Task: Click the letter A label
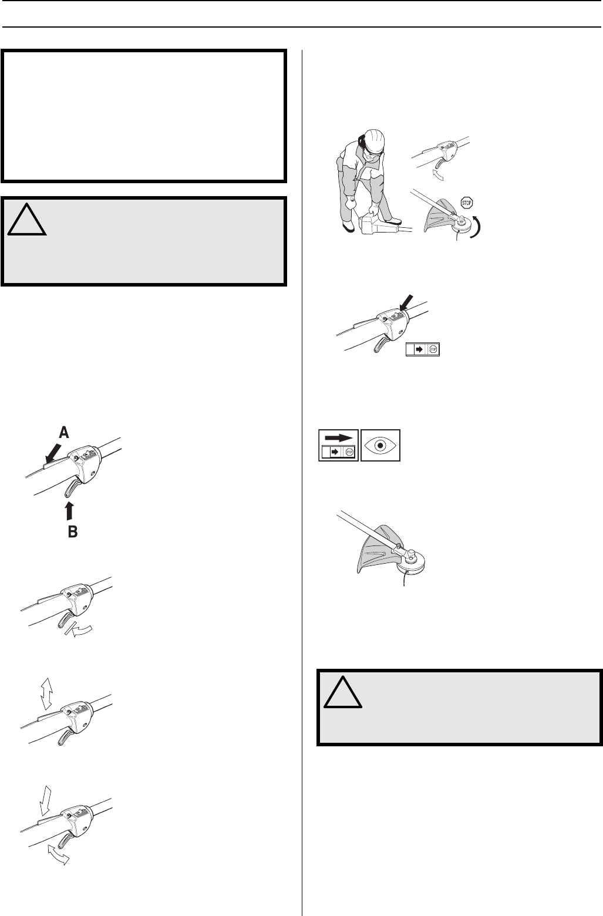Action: [64, 433]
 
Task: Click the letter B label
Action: [72, 531]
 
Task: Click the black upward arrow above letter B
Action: [69, 511]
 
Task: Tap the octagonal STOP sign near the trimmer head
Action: [466, 202]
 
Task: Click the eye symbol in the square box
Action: [380, 445]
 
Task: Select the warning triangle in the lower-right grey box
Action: [342, 692]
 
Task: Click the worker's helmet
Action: [374, 141]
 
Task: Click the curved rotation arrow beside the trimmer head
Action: [477, 225]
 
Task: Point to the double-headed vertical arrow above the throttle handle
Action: [46, 694]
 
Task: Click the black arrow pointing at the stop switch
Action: [406, 303]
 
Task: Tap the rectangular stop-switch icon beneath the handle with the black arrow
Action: [423, 349]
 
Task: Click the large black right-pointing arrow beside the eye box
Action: [339, 437]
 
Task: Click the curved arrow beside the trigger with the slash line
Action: [82, 631]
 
